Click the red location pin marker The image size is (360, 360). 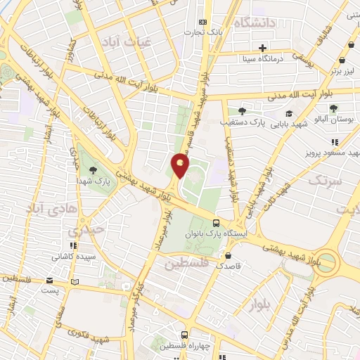[x=180, y=165]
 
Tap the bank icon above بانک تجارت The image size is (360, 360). [x=204, y=22]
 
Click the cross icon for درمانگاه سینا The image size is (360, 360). [x=263, y=49]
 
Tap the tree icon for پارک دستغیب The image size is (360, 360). [x=242, y=111]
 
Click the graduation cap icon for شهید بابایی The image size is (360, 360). [x=288, y=113]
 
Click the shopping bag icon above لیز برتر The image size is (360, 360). [x=342, y=62]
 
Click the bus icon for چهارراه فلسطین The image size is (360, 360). [x=184, y=335]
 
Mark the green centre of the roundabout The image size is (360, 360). [x=326, y=263]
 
